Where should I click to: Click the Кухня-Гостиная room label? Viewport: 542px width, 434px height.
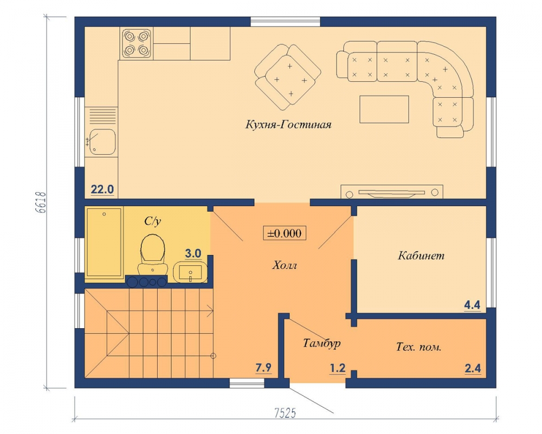(x=288, y=124)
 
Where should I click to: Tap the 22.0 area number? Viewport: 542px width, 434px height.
(x=102, y=189)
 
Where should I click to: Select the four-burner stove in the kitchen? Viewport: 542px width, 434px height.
(x=137, y=43)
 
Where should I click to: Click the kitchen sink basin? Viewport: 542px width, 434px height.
(x=102, y=142)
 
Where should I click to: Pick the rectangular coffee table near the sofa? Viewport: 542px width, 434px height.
(x=384, y=110)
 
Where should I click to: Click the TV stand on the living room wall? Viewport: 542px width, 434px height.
(x=392, y=192)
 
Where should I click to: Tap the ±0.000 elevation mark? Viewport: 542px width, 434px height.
(x=285, y=233)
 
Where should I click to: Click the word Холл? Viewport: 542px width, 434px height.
(x=285, y=265)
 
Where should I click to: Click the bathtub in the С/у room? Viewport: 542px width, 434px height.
(x=104, y=242)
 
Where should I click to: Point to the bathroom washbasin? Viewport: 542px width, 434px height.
(x=190, y=272)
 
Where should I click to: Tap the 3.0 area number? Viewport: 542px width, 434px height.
(x=193, y=253)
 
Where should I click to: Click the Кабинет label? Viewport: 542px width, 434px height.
(x=421, y=256)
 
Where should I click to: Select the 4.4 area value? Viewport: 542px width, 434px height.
(x=472, y=305)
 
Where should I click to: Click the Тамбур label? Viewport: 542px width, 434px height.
(x=322, y=343)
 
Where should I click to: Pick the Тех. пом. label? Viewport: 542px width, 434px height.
(x=418, y=347)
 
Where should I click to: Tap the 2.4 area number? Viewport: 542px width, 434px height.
(x=473, y=368)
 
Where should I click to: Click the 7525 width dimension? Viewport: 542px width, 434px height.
(x=285, y=413)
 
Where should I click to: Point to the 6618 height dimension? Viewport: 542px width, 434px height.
(x=41, y=203)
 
